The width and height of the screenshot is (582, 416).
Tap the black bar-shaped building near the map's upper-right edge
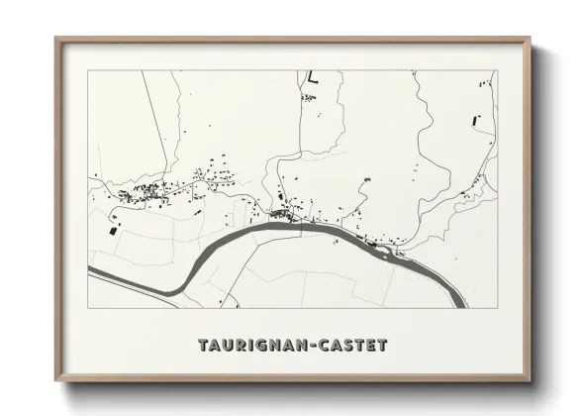click(476, 120)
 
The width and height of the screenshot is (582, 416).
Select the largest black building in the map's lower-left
click(113, 230)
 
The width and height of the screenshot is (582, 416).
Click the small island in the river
click(387, 249)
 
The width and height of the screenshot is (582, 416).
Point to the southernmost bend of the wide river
click(178, 288)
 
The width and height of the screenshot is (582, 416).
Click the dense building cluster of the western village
click(139, 192)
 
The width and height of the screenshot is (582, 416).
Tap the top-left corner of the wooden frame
click(56, 39)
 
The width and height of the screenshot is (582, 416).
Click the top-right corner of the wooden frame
click(530, 39)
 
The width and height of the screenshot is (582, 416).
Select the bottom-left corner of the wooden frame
click(56, 381)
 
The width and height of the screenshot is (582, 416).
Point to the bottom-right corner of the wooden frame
click(530, 381)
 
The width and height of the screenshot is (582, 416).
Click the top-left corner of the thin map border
click(88, 70)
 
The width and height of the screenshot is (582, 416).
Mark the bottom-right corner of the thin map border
click(497, 308)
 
